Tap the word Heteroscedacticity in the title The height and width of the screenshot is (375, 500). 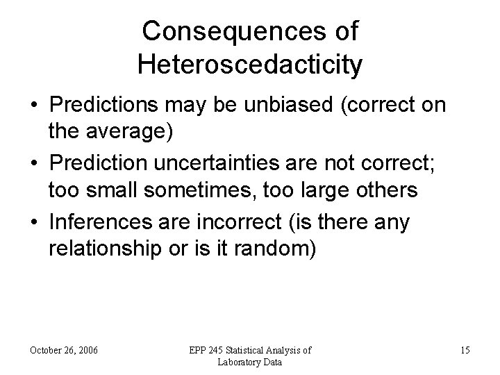click(x=249, y=65)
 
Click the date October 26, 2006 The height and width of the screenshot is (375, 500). click(x=64, y=351)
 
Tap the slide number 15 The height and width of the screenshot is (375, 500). click(x=465, y=351)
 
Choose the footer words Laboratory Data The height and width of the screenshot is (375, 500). click(x=249, y=362)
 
